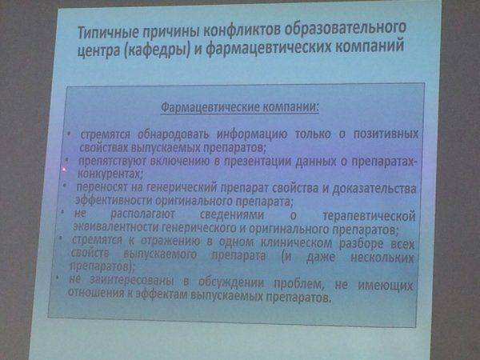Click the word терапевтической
(x=370, y=216)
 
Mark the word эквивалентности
(x=116, y=228)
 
